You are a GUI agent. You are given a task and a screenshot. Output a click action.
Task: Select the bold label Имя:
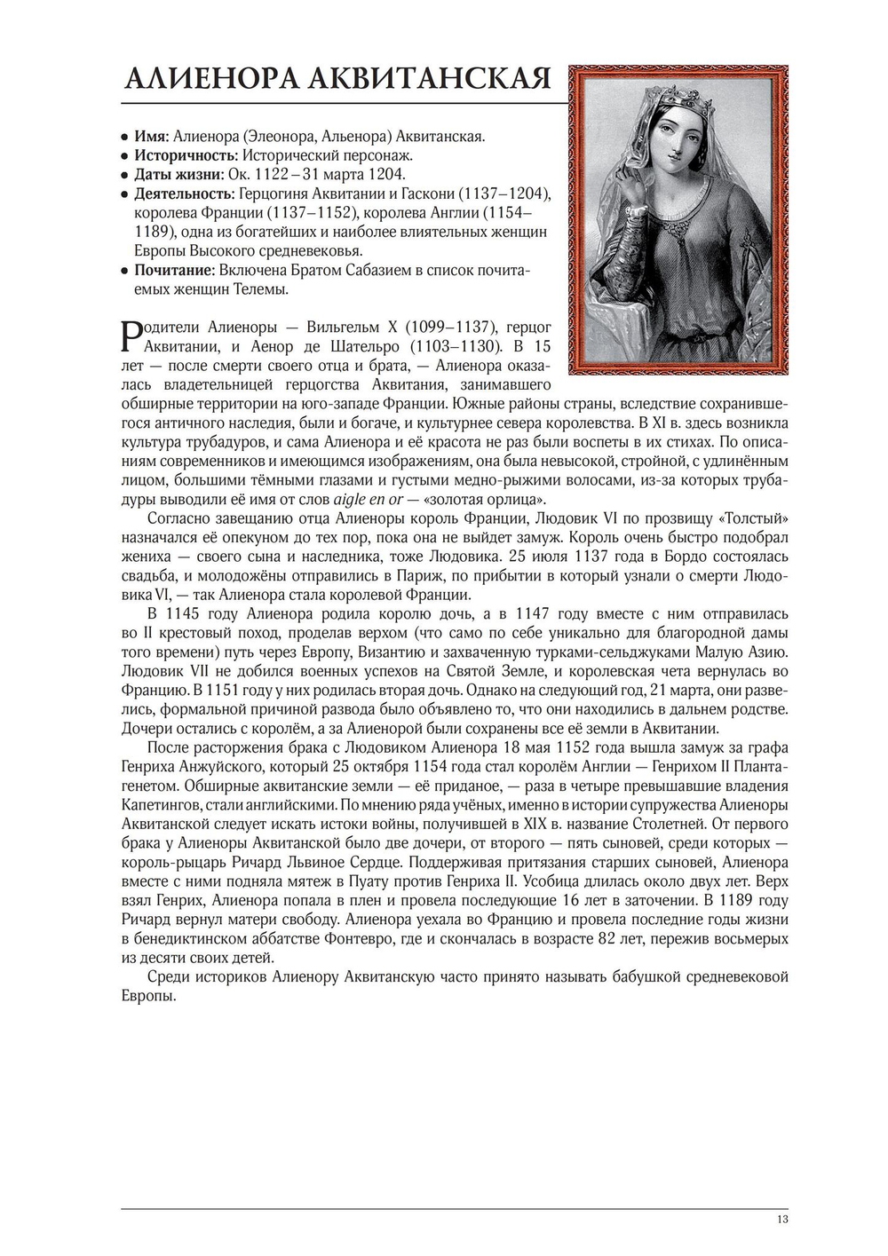pos(151,136)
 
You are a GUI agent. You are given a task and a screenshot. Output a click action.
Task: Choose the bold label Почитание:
pos(173,270)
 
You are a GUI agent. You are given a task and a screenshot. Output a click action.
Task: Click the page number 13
pos(781,1219)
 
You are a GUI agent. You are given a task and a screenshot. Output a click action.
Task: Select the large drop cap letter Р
pos(130,336)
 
